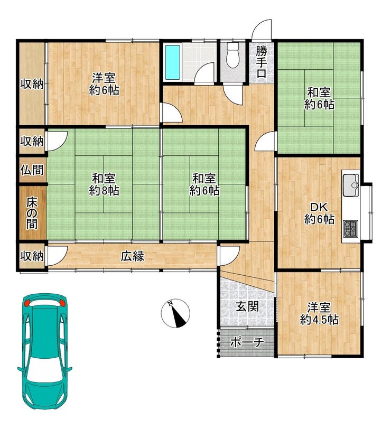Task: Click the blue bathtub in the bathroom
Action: click(173, 62)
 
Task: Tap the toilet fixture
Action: click(233, 56)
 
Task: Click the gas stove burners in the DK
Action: click(351, 229)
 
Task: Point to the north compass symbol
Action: click(175, 313)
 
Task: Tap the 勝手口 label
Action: click(261, 62)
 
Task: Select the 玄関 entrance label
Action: click(247, 307)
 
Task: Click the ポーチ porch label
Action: click(247, 342)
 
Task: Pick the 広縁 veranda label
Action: click(133, 256)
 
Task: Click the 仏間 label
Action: click(32, 170)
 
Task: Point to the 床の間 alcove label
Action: click(32, 213)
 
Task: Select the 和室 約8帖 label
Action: click(104, 185)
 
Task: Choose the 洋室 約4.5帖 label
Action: click(319, 313)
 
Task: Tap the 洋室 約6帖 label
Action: click(104, 84)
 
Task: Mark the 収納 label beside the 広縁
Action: click(32, 256)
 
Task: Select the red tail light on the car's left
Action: click(27, 303)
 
